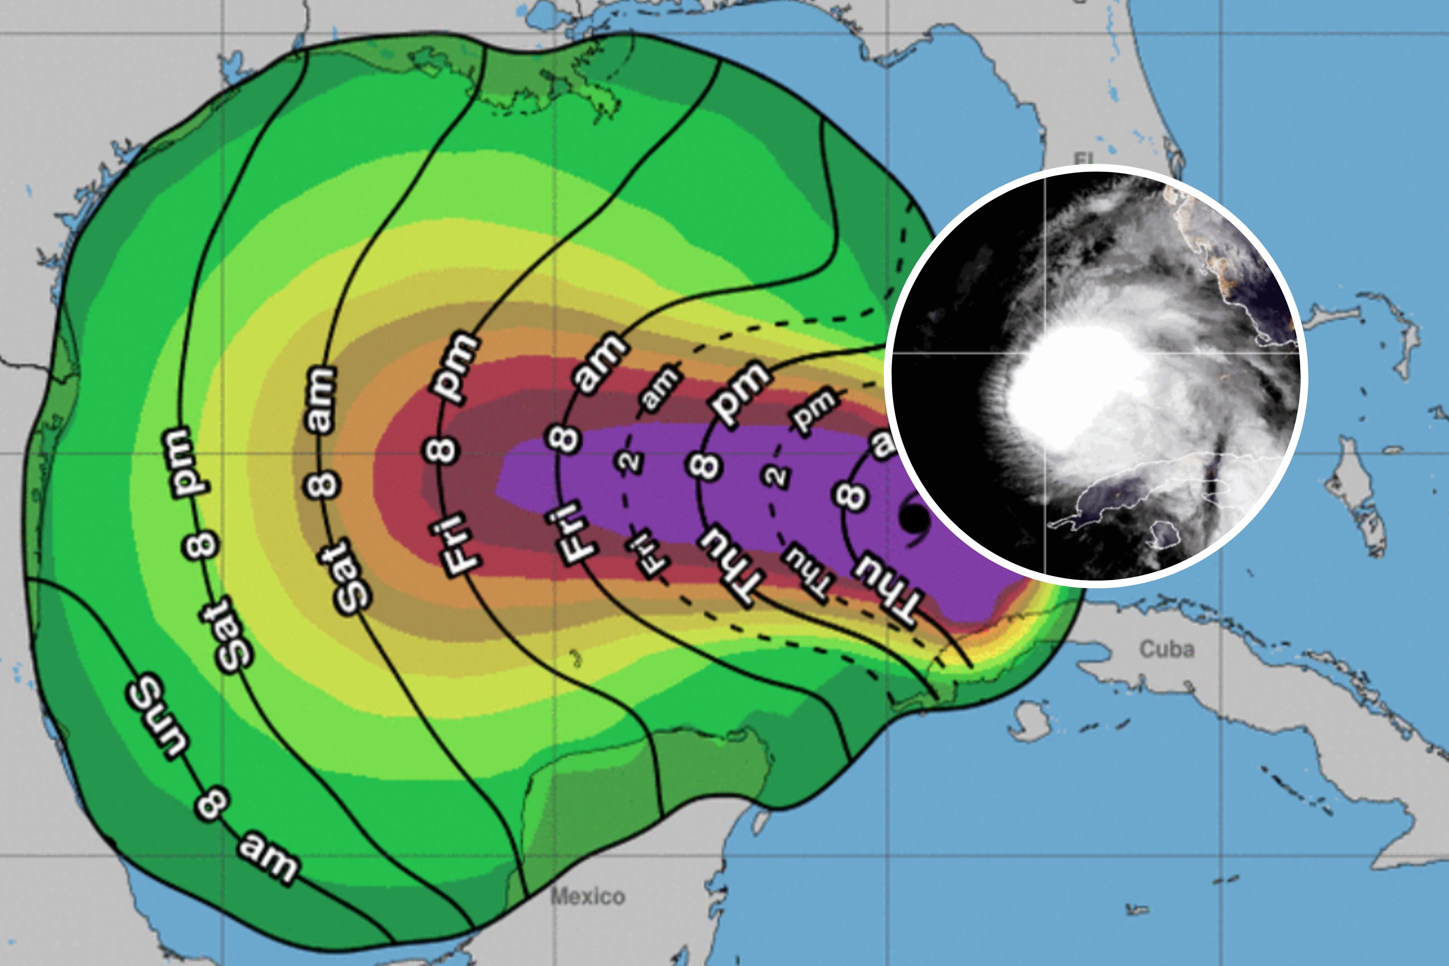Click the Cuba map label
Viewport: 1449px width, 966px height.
(1167, 649)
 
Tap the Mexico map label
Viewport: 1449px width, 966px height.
(588, 896)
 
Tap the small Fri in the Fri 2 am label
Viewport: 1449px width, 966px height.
(647, 554)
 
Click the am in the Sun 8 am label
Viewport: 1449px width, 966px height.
(269, 857)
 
